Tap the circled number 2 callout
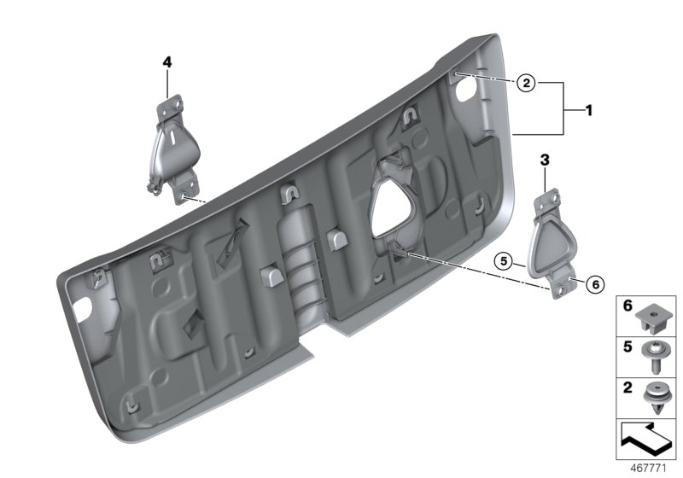pos(527,83)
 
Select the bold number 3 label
pos(545,159)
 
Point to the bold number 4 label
pos(167,61)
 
